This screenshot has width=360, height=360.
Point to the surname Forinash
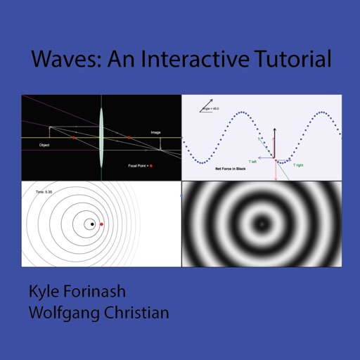click(x=103, y=292)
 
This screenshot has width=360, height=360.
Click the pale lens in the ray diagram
click(x=102, y=137)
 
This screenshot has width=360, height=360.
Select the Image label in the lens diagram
click(x=155, y=132)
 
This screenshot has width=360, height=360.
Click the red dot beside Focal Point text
click(x=151, y=166)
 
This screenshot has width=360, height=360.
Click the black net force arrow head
click(x=274, y=130)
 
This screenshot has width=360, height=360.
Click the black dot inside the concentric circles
click(x=91, y=224)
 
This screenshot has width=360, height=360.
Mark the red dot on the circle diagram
click(x=102, y=224)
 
